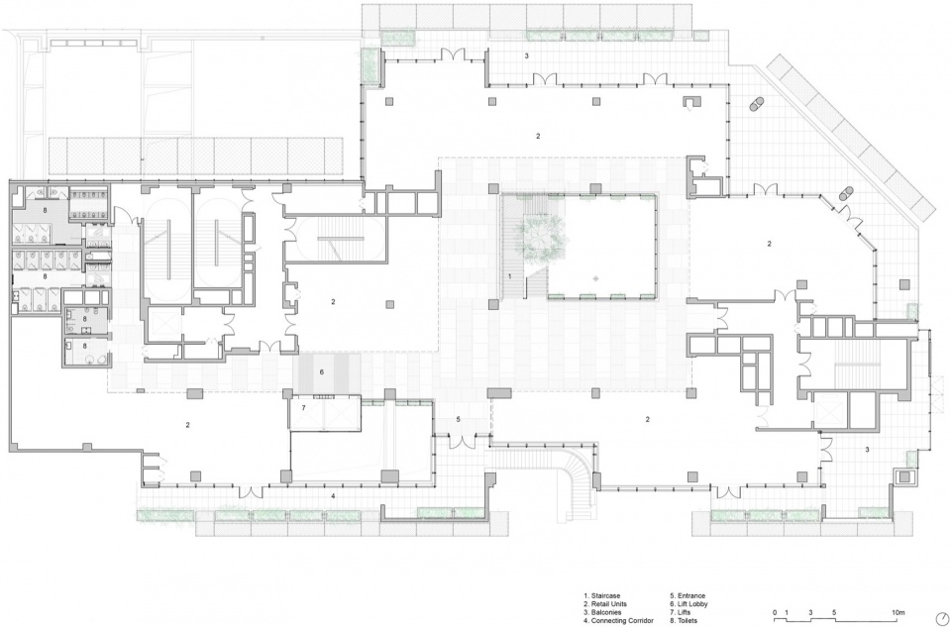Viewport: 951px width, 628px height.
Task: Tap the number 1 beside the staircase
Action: tap(509, 276)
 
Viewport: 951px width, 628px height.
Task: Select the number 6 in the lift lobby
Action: tap(322, 371)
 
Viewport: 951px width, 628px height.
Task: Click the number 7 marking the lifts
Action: tap(304, 408)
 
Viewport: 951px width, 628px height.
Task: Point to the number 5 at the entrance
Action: tap(458, 419)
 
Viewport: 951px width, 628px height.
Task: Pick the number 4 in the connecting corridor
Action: tap(333, 496)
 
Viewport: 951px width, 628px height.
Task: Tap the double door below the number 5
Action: tap(461, 442)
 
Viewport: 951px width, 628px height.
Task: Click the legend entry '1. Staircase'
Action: tap(601, 596)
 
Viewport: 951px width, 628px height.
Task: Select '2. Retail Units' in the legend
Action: tap(605, 604)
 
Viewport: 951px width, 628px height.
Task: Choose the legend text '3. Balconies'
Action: tap(602, 612)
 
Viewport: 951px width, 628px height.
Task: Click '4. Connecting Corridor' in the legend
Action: tap(618, 621)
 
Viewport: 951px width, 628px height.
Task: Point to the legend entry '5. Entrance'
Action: tap(687, 596)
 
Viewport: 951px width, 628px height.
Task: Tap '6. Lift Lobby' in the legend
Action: tap(689, 604)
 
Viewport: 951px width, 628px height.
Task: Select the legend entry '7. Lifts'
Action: tap(680, 612)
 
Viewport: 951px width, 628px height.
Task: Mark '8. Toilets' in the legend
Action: tap(684, 621)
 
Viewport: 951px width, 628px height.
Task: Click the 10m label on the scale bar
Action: tap(898, 612)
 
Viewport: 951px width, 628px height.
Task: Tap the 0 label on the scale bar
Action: tap(775, 612)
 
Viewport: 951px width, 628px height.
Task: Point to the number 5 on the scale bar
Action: tap(834, 612)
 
